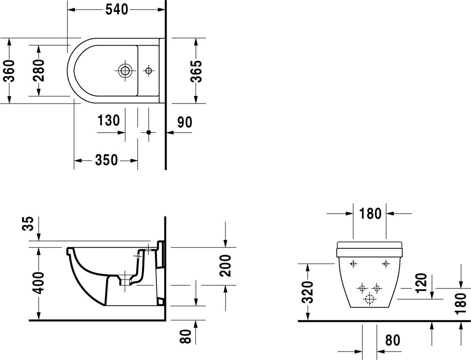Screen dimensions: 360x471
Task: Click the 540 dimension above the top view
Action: [116, 9]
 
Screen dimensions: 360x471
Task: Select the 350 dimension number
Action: [106, 160]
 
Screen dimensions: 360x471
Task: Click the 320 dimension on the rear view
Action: [308, 292]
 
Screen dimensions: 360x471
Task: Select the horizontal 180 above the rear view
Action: [370, 213]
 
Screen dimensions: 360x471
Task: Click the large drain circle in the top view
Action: [125, 71]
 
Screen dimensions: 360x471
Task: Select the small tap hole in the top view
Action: [149, 71]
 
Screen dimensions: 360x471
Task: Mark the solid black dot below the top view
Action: [149, 133]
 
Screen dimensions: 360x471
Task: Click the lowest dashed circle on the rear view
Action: [369, 298]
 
